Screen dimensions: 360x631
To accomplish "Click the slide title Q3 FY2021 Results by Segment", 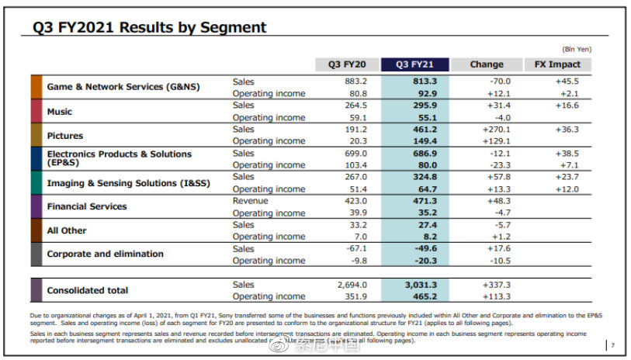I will pyautogui.click(x=149, y=28).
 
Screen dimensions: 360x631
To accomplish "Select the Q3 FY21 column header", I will pyautogui.click(x=417, y=64).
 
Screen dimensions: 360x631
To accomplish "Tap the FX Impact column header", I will pyautogui.click(x=557, y=64).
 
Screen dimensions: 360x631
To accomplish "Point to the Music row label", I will pyautogui.click(x=60, y=112).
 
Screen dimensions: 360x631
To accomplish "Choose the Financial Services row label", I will pyautogui.click(x=87, y=206).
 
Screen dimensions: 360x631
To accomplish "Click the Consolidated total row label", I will pyautogui.click(x=88, y=290).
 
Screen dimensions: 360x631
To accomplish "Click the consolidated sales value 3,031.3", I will pyautogui.click(x=420, y=285).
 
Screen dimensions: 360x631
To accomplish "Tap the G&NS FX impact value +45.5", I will pyautogui.click(x=567, y=81).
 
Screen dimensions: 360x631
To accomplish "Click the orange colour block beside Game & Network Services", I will pyautogui.click(x=36, y=87).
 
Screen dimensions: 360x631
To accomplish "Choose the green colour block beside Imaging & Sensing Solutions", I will pyautogui.click(x=36, y=182).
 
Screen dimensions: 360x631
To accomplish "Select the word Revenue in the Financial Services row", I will pyautogui.click(x=250, y=201).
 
